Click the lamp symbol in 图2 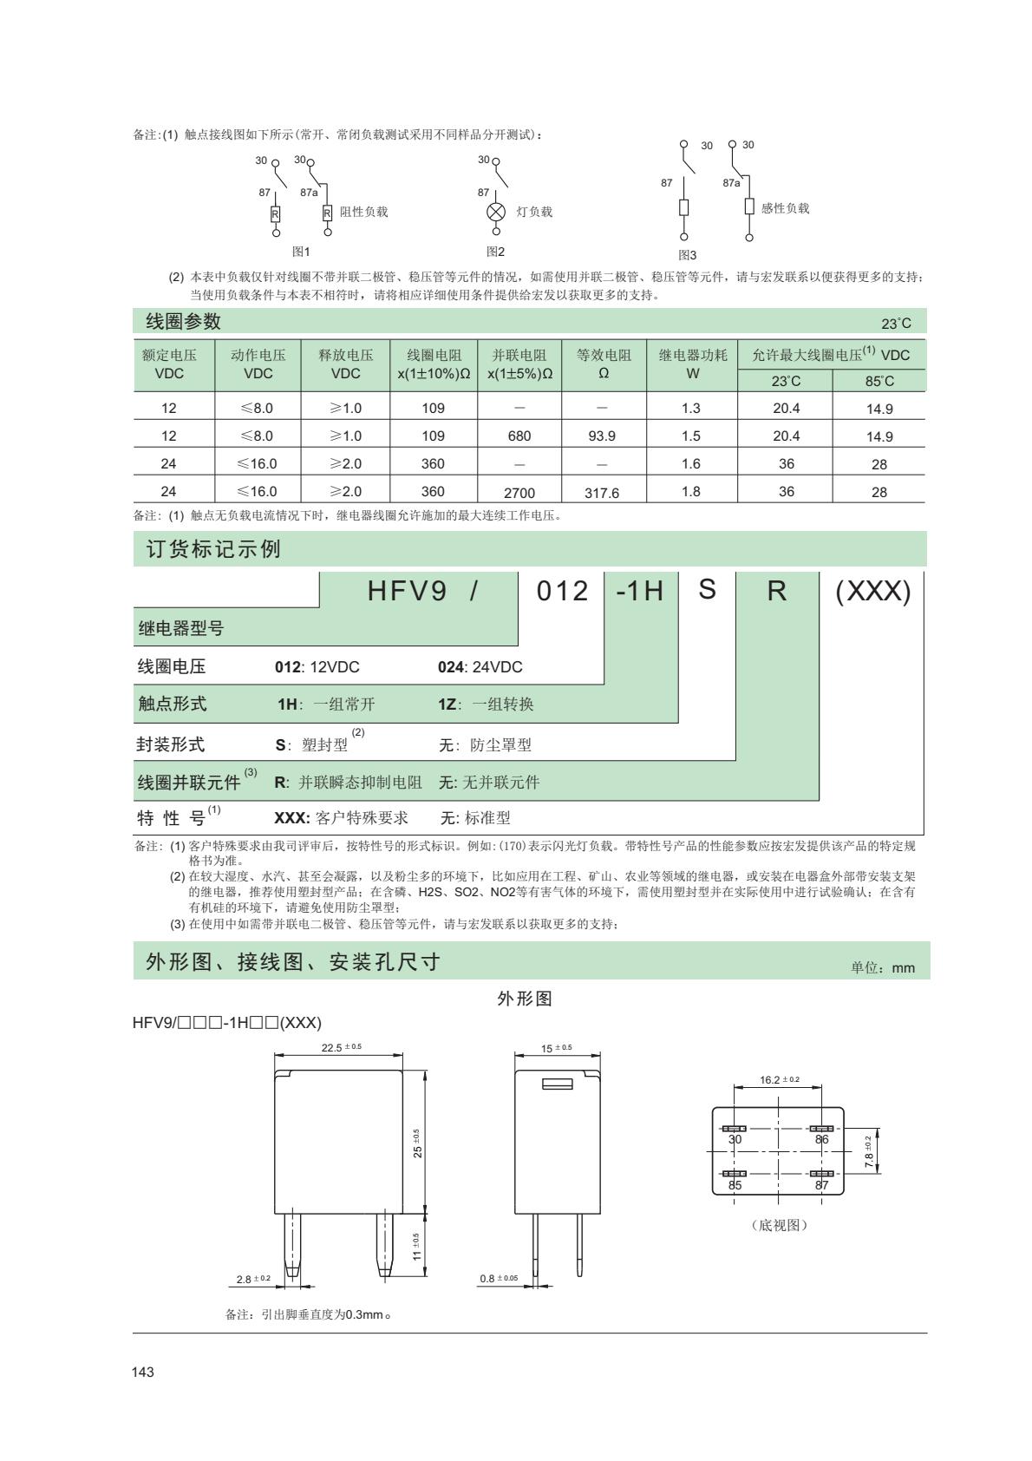pyautogui.click(x=496, y=213)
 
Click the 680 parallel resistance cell pyautogui.click(x=519, y=436)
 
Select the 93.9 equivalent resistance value pyautogui.click(x=602, y=436)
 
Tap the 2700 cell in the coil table pyautogui.click(x=519, y=493)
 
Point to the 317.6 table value pyautogui.click(x=602, y=493)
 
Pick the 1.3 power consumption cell pyautogui.click(x=691, y=408)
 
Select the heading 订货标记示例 pyautogui.click(x=213, y=549)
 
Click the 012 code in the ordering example pyautogui.click(x=562, y=592)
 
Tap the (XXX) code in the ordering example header pyautogui.click(x=872, y=592)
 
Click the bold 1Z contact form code pyautogui.click(x=447, y=704)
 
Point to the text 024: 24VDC pyautogui.click(x=480, y=667)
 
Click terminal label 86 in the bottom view pyautogui.click(x=821, y=1139)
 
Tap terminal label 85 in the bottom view pyautogui.click(x=735, y=1185)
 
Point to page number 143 pyautogui.click(x=143, y=1373)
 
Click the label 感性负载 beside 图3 pyautogui.click(x=785, y=208)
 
